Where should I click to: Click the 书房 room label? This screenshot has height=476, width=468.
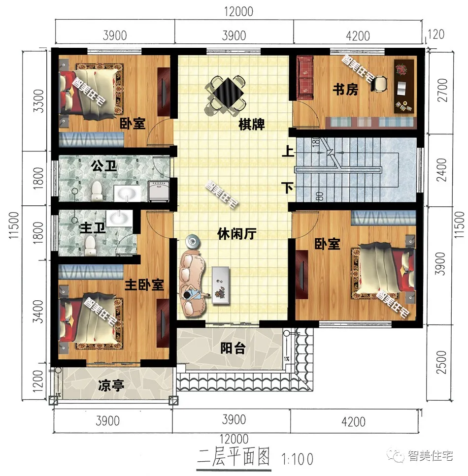tap(345, 91)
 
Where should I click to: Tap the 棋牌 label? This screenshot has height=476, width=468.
tap(252, 125)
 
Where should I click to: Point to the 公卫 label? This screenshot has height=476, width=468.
tap(104, 166)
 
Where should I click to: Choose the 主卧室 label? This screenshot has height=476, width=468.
tap(144, 285)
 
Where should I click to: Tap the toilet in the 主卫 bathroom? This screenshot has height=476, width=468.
tap(90, 244)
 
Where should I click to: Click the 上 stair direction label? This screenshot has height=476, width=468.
tap(285, 152)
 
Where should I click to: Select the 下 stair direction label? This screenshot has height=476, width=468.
tap(285, 188)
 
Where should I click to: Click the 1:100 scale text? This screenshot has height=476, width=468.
tap(298, 459)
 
